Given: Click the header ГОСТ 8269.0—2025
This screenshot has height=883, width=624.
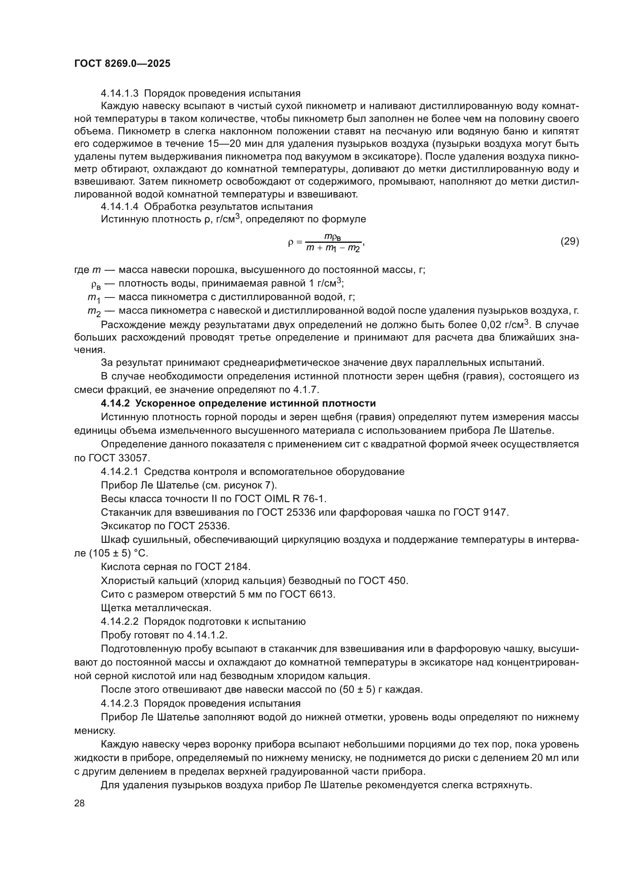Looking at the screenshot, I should tap(122, 64).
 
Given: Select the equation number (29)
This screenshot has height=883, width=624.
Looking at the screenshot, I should tap(569, 241).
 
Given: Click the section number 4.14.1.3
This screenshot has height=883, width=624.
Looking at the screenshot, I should tap(120, 94).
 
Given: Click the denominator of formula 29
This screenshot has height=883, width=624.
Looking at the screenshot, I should tap(333, 248).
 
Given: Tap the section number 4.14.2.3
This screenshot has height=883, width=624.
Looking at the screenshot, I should tap(120, 703).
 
